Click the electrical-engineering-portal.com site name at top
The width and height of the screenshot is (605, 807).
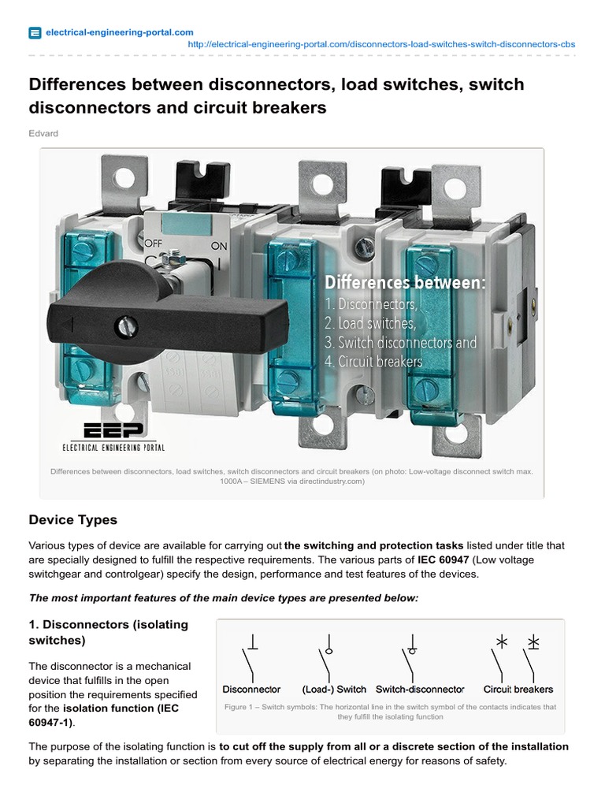pyautogui.click(x=120, y=32)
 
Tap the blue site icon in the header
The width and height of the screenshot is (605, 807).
pyautogui.click(x=35, y=33)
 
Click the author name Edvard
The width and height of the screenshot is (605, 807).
pyautogui.click(x=43, y=133)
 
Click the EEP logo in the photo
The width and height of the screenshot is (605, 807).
pyautogui.click(x=114, y=430)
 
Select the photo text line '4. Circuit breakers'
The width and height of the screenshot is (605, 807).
pyautogui.click(x=373, y=363)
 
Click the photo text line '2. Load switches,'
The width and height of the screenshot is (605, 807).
pyautogui.click(x=369, y=323)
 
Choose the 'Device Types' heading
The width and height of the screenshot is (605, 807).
pyautogui.click(x=72, y=520)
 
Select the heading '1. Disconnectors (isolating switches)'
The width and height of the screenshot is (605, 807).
pyautogui.click(x=109, y=632)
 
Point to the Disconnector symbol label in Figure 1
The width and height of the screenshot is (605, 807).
pyautogui.click(x=252, y=689)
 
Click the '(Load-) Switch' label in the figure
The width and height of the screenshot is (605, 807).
pyautogui.click(x=334, y=689)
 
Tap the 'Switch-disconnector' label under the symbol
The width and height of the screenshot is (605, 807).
pyautogui.click(x=420, y=689)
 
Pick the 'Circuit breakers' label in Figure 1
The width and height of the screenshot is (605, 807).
pyautogui.click(x=518, y=689)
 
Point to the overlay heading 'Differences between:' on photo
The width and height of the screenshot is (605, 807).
pyautogui.click(x=405, y=282)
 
